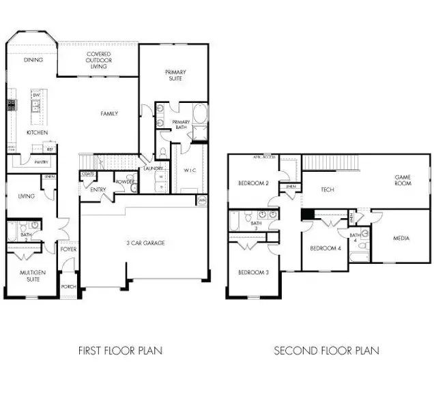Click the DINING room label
click(x=33, y=60)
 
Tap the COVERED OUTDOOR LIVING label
click(x=99, y=60)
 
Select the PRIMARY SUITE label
click(x=175, y=75)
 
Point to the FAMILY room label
click(x=109, y=114)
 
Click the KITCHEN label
click(x=36, y=132)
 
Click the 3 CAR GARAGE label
click(x=145, y=243)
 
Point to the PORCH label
click(x=68, y=286)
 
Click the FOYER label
click(x=68, y=249)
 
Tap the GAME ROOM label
click(x=403, y=180)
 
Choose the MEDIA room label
click(x=401, y=239)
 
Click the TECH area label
click(x=328, y=190)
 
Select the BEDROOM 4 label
click(x=325, y=248)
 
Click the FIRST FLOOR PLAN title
click(x=120, y=351)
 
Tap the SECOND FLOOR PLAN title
click(x=326, y=351)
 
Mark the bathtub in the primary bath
click(x=200, y=113)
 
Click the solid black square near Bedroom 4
click(x=308, y=214)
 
